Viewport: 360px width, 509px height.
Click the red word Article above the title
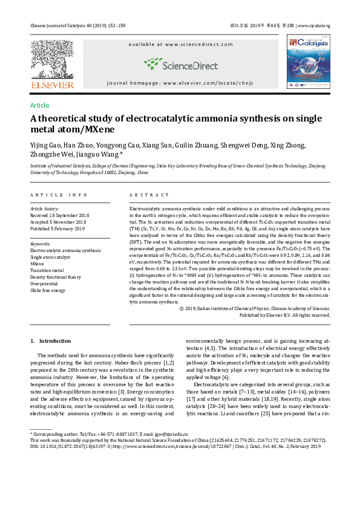point(39,105)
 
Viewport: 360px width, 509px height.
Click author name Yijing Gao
point(44,146)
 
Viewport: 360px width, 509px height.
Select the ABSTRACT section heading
point(149,195)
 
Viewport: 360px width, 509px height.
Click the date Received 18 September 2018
point(59,215)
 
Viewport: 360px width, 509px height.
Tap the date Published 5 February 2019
point(57,229)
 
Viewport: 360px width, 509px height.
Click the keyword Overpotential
point(47,284)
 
